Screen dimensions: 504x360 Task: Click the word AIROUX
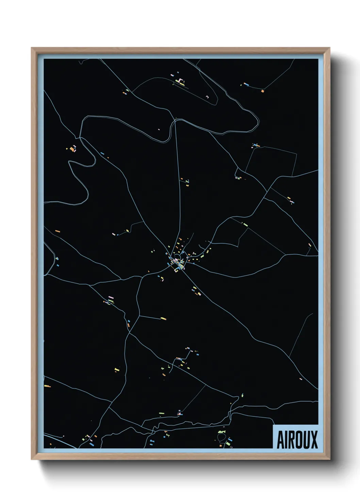297,440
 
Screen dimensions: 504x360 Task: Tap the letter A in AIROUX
281,440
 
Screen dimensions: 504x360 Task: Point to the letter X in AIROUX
314,440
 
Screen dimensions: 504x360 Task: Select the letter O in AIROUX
297,440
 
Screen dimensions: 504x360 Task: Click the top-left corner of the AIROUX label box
274,425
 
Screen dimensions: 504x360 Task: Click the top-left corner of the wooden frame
32,48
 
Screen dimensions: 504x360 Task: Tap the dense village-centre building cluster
177,261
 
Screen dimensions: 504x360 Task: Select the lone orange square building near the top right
262,91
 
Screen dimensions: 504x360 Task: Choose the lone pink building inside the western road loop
159,129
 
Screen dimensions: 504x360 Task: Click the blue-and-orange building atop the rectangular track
256,146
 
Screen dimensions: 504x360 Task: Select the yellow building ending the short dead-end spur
163,319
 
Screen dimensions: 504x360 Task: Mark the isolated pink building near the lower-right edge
300,379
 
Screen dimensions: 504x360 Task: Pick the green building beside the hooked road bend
243,395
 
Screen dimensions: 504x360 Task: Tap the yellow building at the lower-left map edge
47,386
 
